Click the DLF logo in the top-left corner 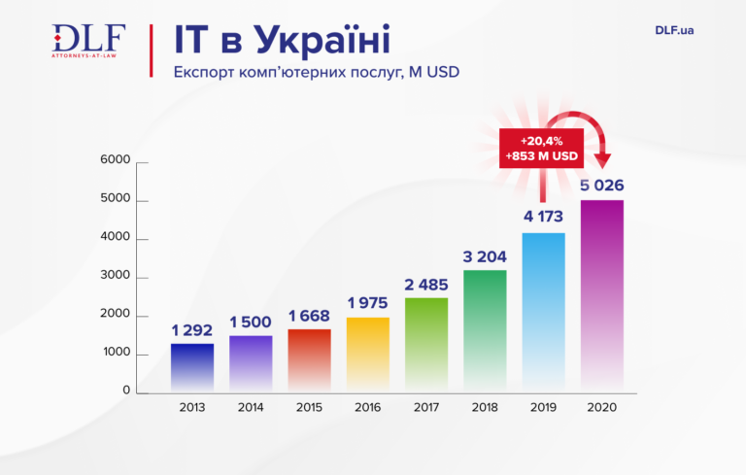(x=88, y=41)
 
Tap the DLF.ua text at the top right (x=673, y=31)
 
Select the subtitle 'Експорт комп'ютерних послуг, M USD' (x=315, y=73)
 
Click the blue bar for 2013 (x=192, y=369)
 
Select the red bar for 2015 (x=309, y=361)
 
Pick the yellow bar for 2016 (x=367, y=355)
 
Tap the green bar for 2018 (x=485, y=330)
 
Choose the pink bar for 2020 (x=601, y=296)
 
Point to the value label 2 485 (x=426, y=284)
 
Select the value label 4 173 (x=543, y=219)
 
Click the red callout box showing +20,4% (x=542, y=148)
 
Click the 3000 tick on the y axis (x=115, y=278)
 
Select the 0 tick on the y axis (x=126, y=390)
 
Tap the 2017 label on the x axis (x=426, y=408)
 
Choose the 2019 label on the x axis (x=543, y=408)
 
